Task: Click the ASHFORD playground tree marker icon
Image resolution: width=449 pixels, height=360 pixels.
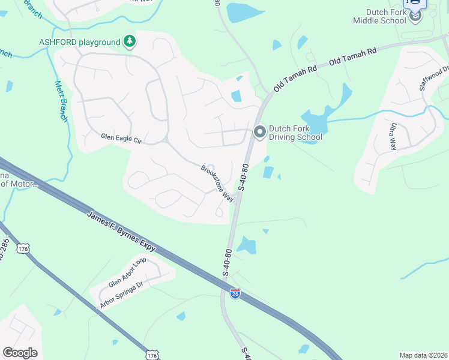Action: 130,41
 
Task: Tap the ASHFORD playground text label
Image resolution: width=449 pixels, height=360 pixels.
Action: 80,42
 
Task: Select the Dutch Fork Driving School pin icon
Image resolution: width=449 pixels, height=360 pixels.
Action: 260,131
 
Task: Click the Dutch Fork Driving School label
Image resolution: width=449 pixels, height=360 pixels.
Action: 295,133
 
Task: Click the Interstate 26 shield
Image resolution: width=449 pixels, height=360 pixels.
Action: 236,293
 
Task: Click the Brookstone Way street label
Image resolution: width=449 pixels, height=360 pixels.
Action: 217,184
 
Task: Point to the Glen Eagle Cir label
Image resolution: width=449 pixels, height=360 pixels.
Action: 121,140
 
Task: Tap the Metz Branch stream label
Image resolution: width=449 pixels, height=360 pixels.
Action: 61,101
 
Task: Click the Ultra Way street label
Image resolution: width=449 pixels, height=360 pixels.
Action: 393,136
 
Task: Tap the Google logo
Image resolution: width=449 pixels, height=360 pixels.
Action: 20,353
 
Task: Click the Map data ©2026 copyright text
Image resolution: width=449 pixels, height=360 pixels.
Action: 423,355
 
